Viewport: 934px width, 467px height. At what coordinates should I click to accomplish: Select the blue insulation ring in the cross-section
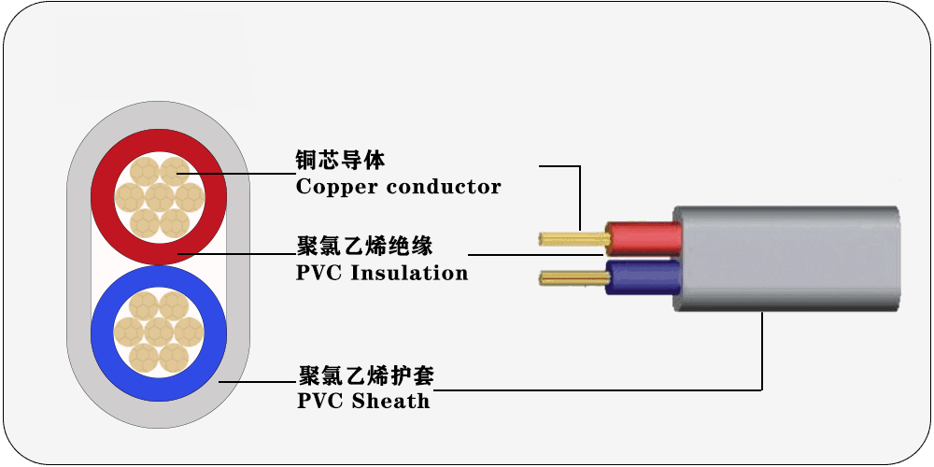pyautogui.click(x=102, y=333)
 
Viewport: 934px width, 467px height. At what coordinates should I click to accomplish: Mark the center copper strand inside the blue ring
pyautogui.click(x=158, y=332)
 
